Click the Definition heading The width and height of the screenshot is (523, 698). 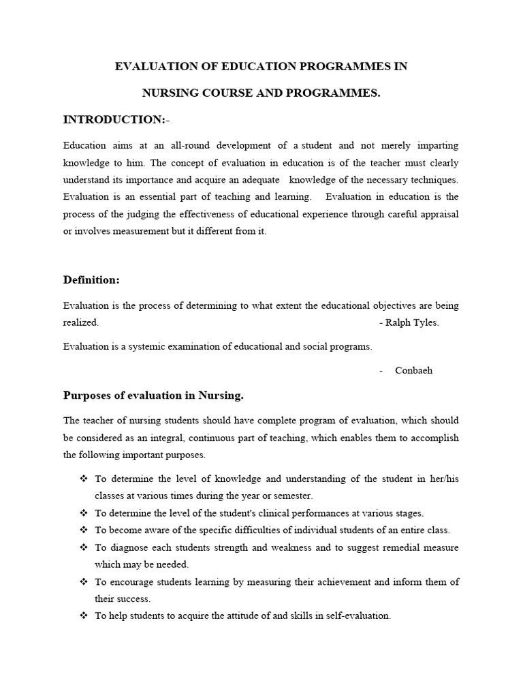click(x=91, y=279)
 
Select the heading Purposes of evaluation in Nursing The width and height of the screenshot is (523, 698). click(x=153, y=395)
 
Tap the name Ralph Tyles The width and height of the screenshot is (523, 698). click(x=412, y=323)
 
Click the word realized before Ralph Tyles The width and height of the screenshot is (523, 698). click(x=81, y=323)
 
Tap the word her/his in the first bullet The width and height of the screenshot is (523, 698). click(x=443, y=479)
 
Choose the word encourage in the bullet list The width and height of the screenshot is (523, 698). click(x=130, y=581)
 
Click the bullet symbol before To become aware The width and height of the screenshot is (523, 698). click(x=84, y=530)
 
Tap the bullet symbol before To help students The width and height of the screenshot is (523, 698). click(x=84, y=616)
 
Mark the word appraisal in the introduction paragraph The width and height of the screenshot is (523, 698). click(x=439, y=214)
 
